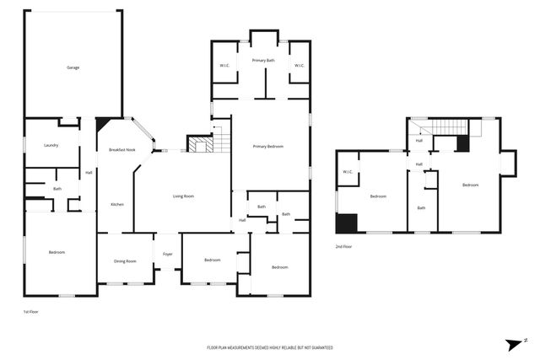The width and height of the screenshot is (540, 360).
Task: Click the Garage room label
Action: pos(73,67)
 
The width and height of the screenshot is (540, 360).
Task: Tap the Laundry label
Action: pos(51,145)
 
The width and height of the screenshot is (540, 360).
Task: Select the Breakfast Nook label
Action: pos(122,150)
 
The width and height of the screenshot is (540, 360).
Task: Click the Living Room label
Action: pos(183,196)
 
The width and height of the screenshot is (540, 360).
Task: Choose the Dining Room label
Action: pos(125,261)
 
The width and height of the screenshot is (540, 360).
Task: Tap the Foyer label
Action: pos(167,253)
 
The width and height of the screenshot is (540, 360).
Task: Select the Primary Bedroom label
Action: pos(267,147)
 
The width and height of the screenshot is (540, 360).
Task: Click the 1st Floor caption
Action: pos(31,312)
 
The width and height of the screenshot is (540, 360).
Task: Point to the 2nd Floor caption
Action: pos(343,246)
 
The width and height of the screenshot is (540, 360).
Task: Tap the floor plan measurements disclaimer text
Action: pos(270,347)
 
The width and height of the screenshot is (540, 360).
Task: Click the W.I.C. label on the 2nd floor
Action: pos(348,172)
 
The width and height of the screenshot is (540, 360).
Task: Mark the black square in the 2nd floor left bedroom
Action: pos(346,223)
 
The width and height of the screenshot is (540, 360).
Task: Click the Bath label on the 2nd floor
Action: pos(421,207)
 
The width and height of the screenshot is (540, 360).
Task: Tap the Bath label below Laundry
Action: pos(57,189)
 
